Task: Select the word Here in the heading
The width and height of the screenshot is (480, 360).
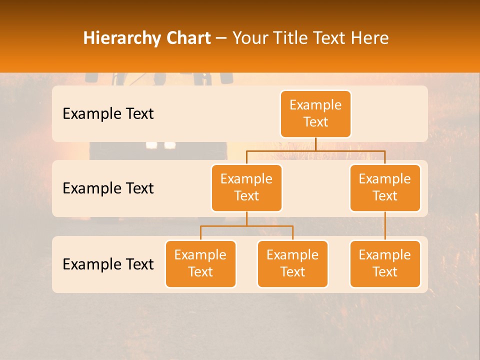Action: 369,38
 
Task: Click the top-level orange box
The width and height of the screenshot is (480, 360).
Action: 315,113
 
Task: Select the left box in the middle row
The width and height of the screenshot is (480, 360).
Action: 246,187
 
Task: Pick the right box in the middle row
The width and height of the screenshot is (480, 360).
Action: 385,187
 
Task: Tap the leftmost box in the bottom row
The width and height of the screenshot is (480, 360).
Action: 200,263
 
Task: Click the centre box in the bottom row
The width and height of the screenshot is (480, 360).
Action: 292,263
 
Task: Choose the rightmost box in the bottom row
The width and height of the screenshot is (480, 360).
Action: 385,263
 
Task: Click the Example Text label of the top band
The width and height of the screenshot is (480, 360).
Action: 108,114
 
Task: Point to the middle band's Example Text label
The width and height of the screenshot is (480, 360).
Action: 108,188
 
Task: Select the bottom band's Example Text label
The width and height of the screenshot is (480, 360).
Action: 108,264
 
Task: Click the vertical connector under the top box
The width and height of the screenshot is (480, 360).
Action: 315,144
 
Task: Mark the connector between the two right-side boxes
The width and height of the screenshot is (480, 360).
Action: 385,226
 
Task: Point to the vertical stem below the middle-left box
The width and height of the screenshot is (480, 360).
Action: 246,218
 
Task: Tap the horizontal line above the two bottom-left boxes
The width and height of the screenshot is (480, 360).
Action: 246,226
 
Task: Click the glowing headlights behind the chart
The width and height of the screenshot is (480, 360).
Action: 160,145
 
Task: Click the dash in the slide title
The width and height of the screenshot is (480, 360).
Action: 221,38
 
